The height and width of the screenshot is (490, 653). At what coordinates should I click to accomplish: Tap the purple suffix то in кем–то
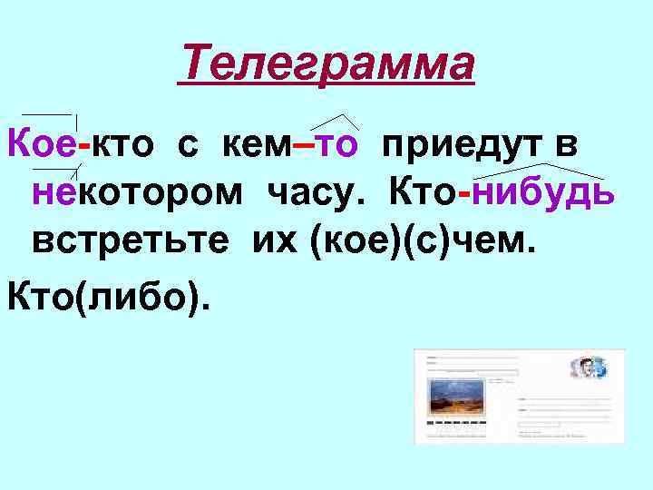coord(340,144)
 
